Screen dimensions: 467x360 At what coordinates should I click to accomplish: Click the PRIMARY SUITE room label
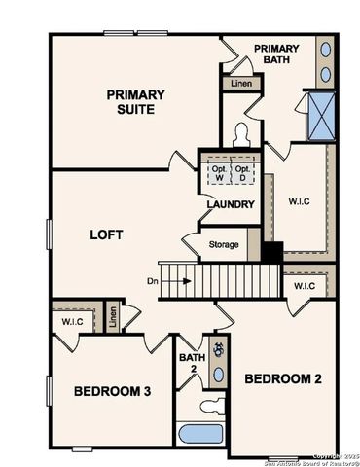(x=135, y=102)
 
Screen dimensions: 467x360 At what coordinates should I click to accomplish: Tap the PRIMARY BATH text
(x=276, y=54)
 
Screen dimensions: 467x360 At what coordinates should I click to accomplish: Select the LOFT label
(x=107, y=234)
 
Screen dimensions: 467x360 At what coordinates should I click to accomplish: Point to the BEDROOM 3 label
(x=112, y=391)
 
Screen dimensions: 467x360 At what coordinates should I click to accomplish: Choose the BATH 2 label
(x=192, y=364)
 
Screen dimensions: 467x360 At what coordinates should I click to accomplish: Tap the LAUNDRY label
(x=231, y=204)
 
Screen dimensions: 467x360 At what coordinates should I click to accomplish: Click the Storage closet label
(x=223, y=244)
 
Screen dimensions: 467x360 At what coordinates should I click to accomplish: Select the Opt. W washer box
(x=216, y=172)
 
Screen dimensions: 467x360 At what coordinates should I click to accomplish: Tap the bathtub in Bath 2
(x=202, y=433)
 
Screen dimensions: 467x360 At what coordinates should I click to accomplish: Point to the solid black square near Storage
(x=271, y=251)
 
